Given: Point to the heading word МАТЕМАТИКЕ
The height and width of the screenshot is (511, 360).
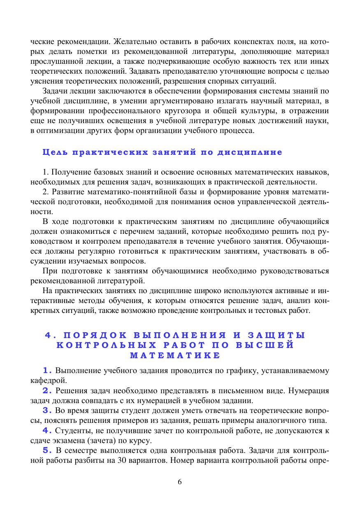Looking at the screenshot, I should coord(174,355).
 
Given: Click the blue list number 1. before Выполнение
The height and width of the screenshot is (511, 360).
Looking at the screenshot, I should coord(48,370).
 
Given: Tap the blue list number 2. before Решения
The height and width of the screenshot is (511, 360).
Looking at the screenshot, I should coord(48,390).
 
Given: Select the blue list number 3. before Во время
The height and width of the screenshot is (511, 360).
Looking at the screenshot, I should coord(48,410).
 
